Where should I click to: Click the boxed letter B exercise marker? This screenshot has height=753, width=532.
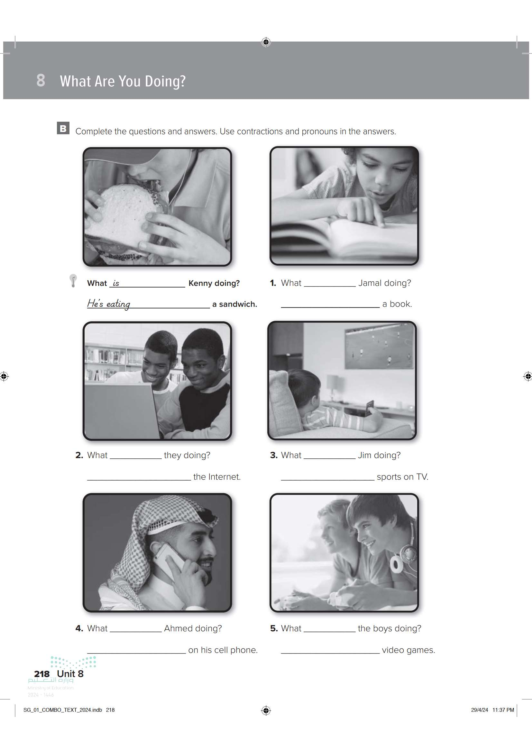[x=63, y=128]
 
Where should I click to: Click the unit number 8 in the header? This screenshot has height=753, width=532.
[x=41, y=80]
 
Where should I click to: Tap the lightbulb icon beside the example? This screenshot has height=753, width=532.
[x=73, y=281]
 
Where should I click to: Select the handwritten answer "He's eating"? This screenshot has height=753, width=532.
[x=109, y=304]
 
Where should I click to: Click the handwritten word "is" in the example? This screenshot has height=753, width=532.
[x=116, y=283]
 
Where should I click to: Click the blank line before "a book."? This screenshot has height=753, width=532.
[x=330, y=307]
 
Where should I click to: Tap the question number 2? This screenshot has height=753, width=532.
[x=79, y=455]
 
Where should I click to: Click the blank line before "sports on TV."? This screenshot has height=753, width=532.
[x=327, y=480]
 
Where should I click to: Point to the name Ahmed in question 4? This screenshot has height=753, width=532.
[x=178, y=628]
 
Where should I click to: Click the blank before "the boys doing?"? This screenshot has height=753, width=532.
[x=330, y=631]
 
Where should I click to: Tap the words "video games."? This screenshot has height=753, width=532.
[x=408, y=650]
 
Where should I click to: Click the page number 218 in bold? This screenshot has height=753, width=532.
[x=42, y=674]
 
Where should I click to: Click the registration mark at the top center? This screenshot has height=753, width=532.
[x=266, y=42]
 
